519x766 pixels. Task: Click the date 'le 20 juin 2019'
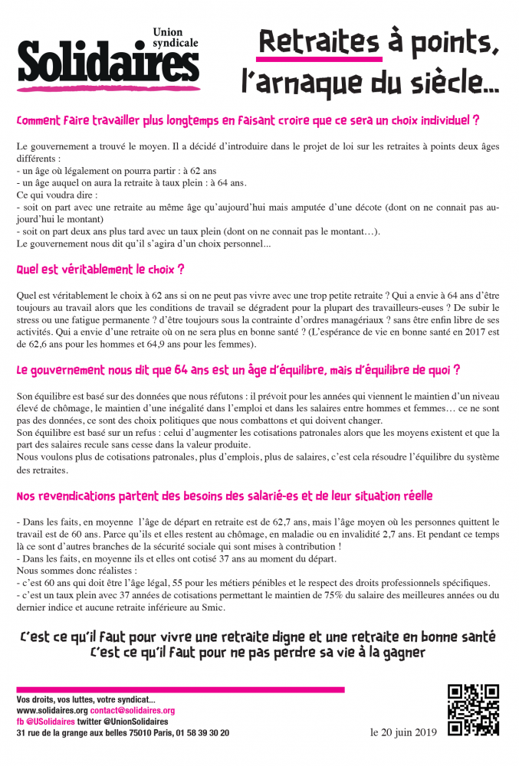tap(403, 732)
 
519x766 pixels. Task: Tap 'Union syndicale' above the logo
tap(175, 36)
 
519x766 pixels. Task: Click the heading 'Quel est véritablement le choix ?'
tap(100, 270)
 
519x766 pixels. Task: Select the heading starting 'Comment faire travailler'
tap(248, 120)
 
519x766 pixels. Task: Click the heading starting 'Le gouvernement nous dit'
tap(238, 370)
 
